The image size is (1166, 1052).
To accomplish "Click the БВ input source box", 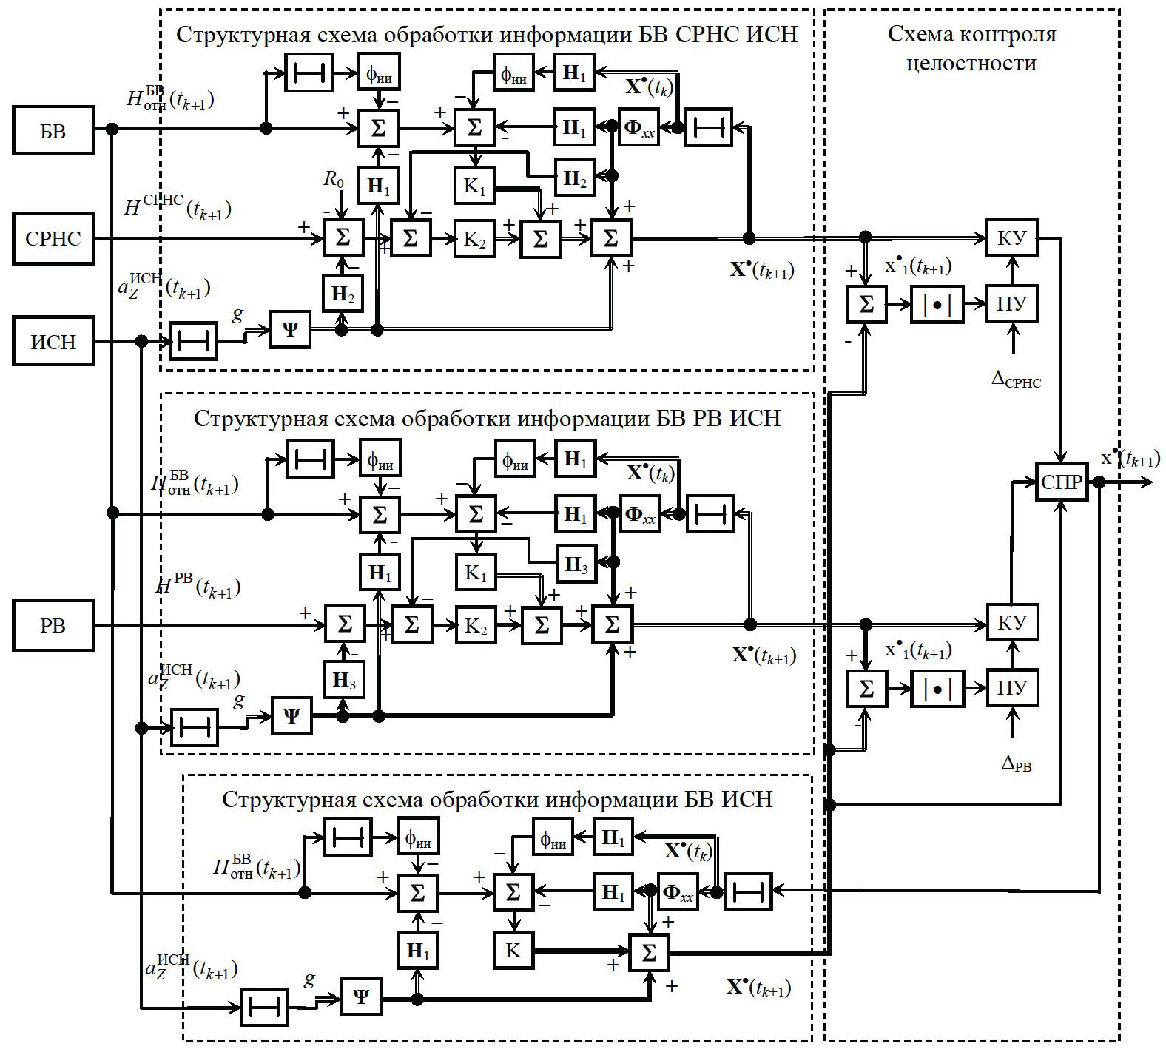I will pos(53,131).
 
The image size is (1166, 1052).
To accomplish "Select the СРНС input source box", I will pos(53,239).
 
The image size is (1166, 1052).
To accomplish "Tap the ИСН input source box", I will pos(53,342).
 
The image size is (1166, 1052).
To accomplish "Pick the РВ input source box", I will pos(53,626).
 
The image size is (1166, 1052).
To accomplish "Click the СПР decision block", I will pos(1062,482).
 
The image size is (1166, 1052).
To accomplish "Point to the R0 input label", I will pos(334,178).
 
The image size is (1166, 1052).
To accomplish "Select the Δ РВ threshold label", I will pos(1016,763).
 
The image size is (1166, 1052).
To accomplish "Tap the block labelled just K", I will pos(513,951).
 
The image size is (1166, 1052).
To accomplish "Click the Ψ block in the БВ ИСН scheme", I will pos(361,997).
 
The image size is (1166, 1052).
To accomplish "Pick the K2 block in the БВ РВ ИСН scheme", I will pos(476,626).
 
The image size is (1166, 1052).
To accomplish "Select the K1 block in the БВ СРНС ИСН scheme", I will pos(474,186).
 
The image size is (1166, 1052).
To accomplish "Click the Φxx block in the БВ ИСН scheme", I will pos(678,892).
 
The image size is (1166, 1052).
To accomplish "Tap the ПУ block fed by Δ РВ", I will pos(1011,688).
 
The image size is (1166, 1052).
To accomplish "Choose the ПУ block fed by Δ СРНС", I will pos(1011,304).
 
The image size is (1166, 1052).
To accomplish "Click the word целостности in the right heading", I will pos(971,64).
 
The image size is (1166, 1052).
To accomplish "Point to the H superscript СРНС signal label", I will pos(177,206).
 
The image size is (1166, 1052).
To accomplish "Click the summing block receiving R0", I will pos(343,238).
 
